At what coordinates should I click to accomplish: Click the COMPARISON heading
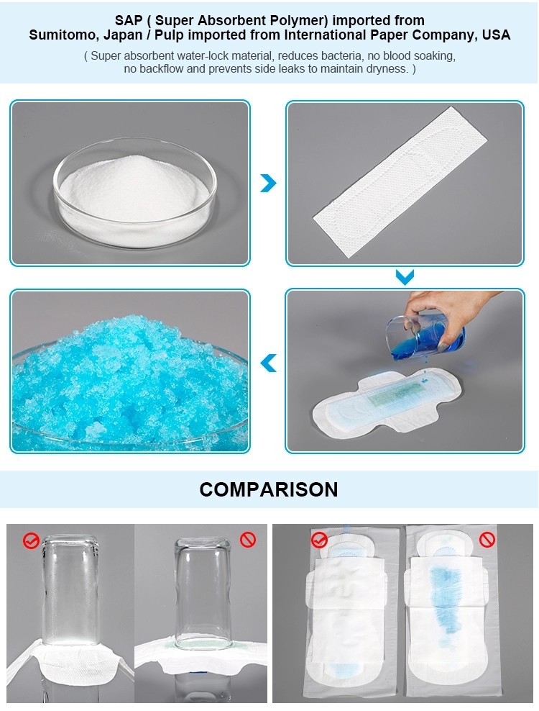pos(269,489)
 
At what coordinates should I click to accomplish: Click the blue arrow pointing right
pos(269,183)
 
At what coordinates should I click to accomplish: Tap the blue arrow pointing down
pos(405,277)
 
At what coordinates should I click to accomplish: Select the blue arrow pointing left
pos(269,363)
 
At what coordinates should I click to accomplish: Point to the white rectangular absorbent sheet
pos(400,182)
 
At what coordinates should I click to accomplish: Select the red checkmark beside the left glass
pos(32,540)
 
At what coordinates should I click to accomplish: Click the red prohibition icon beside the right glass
pos(248,539)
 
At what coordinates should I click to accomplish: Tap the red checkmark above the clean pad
pos(319,540)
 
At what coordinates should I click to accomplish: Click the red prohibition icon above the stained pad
pos(487,540)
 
